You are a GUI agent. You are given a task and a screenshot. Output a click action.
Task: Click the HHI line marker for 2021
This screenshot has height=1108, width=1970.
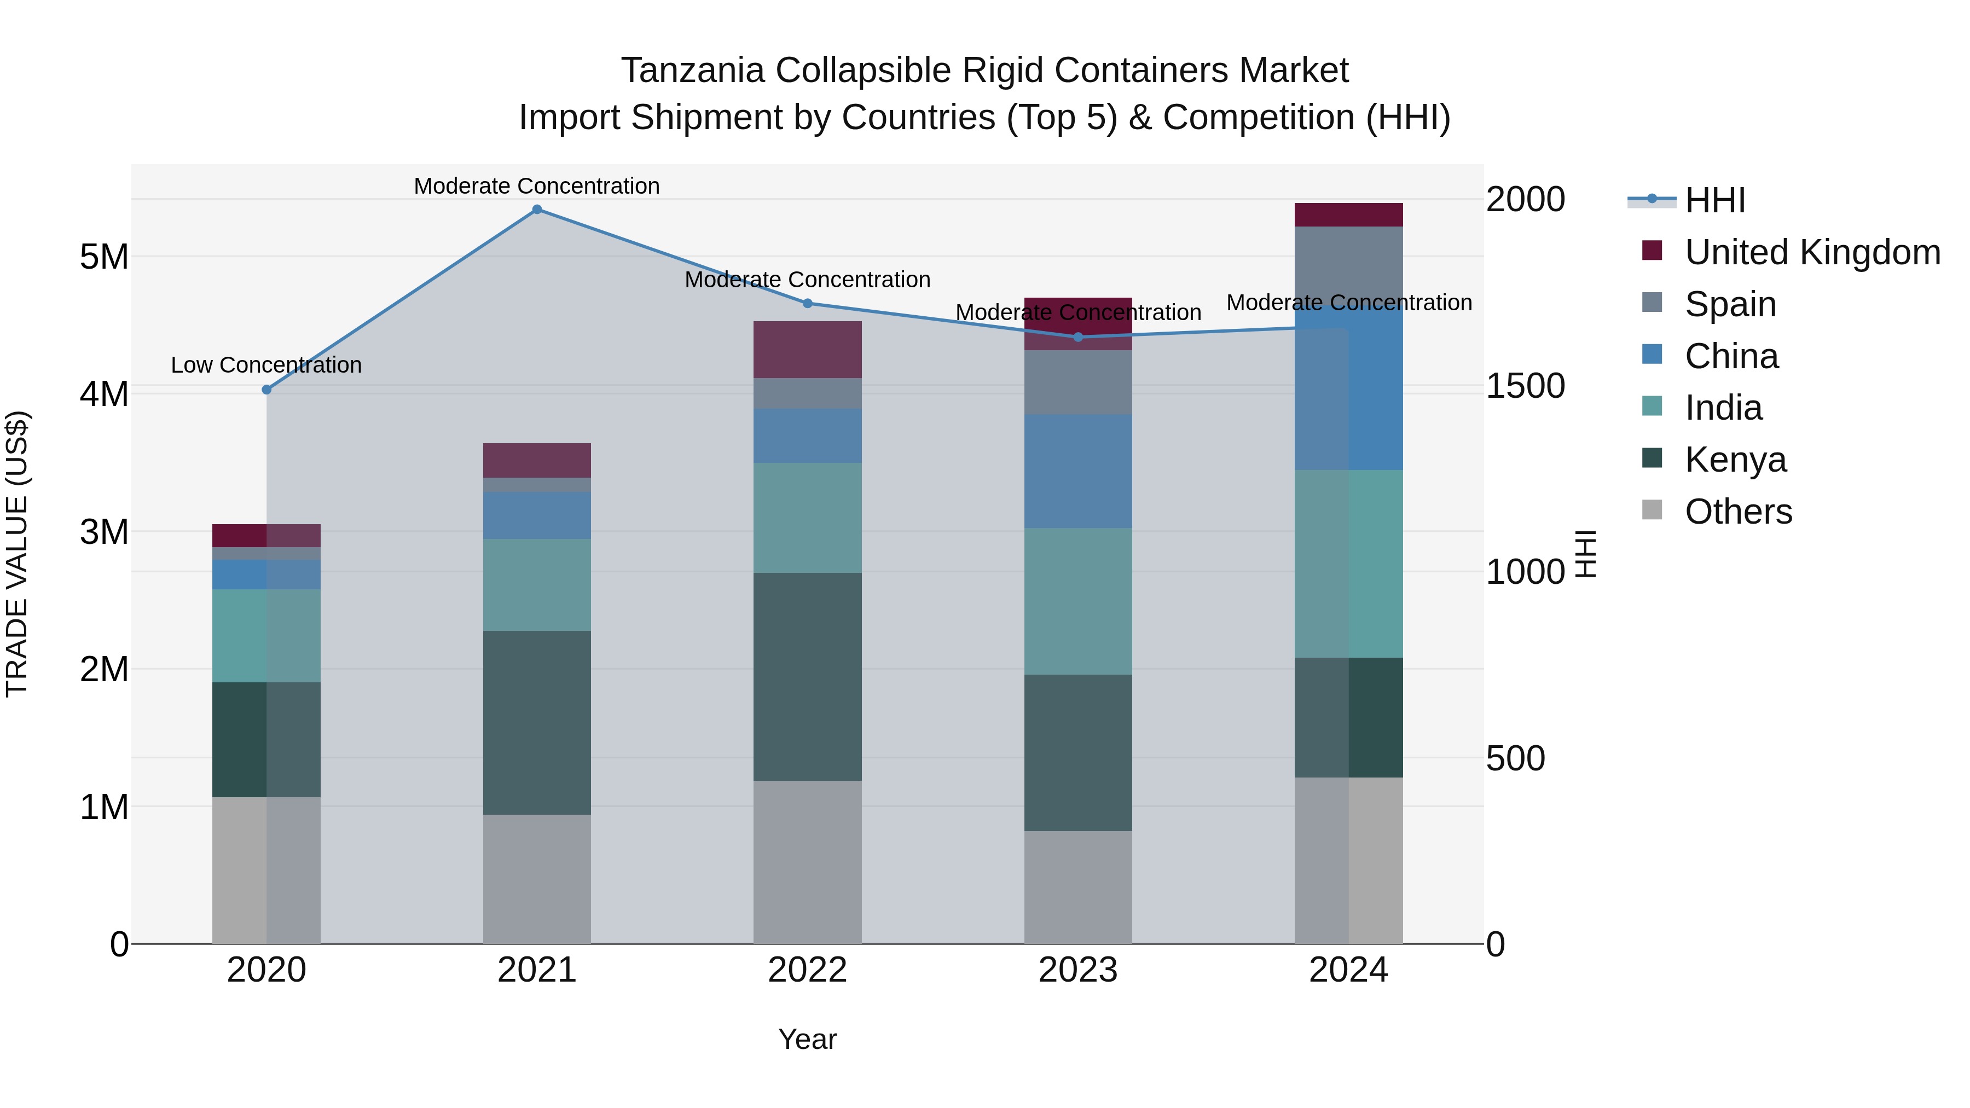coord(537,210)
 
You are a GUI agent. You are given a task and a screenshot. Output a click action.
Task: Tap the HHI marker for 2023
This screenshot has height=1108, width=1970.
coord(1078,337)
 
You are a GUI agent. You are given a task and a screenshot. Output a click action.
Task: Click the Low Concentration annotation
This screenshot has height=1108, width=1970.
coord(266,366)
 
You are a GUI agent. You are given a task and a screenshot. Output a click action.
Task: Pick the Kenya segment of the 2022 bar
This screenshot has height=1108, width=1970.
coord(808,677)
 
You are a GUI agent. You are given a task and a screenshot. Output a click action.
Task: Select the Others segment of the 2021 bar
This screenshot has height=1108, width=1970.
coord(537,879)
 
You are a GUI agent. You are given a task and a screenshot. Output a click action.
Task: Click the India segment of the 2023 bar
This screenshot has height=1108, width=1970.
coord(1078,601)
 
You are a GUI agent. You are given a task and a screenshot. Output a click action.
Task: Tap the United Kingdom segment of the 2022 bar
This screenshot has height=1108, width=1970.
coord(808,350)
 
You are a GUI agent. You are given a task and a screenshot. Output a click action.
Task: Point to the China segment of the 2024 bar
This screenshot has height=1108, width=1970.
coord(1349,390)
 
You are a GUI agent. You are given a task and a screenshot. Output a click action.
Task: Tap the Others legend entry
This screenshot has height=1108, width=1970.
coord(1737,512)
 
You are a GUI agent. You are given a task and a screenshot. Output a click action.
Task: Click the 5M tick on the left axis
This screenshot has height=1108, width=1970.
coord(104,257)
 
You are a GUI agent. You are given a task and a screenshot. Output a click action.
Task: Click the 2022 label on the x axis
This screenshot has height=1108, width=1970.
coord(808,970)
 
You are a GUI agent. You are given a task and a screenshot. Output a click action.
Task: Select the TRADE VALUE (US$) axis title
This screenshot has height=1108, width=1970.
coord(17,554)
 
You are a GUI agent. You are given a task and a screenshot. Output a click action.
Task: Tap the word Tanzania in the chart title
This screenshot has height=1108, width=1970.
coord(692,71)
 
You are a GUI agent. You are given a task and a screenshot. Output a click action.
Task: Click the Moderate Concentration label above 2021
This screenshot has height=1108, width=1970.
coord(537,187)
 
